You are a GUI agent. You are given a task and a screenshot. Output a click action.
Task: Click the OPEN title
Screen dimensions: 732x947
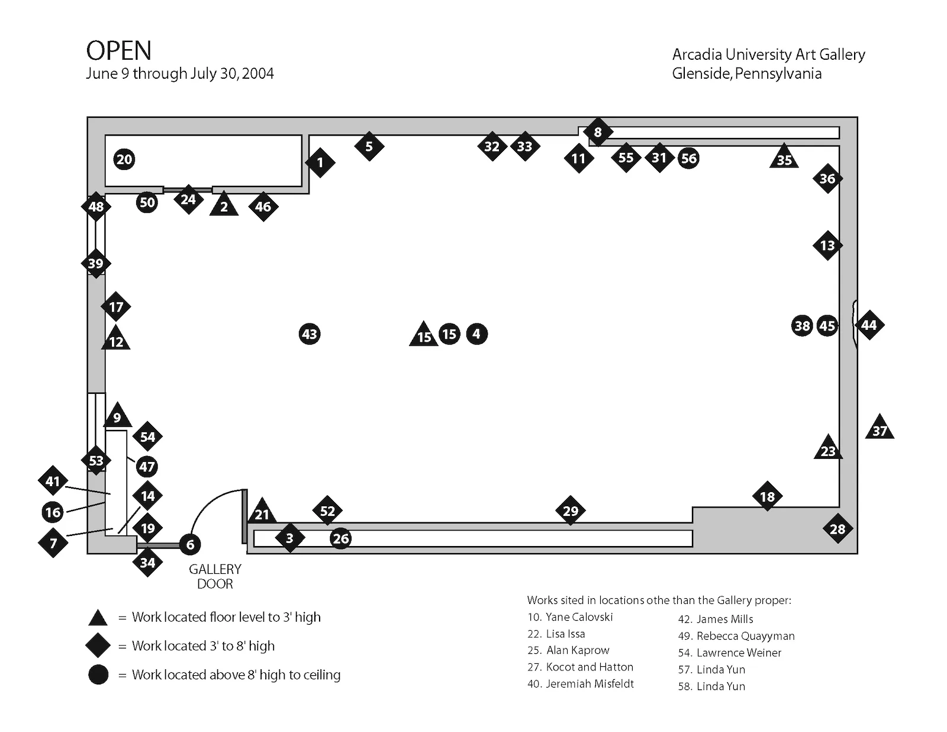pyautogui.click(x=118, y=51)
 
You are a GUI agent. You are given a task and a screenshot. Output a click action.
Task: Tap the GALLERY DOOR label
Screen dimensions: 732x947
pyautogui.click(x=215, y=576)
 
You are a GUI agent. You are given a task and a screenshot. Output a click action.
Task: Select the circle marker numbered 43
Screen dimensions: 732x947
pyautogui.click(x=310, y=334)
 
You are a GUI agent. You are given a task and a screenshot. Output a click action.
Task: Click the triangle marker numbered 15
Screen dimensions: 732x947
pyautogui.click(x=424, y=335)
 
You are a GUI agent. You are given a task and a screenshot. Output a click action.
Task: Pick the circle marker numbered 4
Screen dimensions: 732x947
pyautogui.click(x=476, y=334)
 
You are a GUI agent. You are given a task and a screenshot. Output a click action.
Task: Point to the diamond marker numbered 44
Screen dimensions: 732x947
pyautogui.click(x=868, y=325)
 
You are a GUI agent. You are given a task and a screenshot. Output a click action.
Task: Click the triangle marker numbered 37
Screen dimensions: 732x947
pyautogui.click(x=880, y=428)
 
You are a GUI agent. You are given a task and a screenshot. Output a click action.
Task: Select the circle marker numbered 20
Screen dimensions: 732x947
pyautogui.click(x=124, y=159)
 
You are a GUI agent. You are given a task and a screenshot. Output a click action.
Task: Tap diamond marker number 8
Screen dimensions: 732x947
pyautogui.click(x=597, y=132)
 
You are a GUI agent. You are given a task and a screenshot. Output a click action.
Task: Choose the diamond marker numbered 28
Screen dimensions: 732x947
pyautogui.click(x=838, y=529)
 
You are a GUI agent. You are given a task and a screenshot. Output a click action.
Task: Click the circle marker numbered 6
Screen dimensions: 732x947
pyautogui.click(x=190, y=545)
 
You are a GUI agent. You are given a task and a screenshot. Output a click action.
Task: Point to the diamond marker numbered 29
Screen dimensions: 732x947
pyautogui.click(x=570, y=511)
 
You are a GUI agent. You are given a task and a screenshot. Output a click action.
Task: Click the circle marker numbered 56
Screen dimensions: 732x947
pyautogui.click(x=688, y=158)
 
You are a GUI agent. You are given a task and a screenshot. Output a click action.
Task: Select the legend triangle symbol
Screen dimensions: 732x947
pyautogui.click(x=98, y=618)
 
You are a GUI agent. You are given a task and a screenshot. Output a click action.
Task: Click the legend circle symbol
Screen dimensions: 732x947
pyautogui.click(x=98, y=675)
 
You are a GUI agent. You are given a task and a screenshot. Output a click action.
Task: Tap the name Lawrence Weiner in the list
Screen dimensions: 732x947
pyautogui.click(x=739, y=653)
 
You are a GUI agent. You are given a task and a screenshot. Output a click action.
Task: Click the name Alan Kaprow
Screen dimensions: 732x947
pyautogui.click(x=577, y=650)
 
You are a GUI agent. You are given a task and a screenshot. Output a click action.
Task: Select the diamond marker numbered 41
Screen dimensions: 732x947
pyautogui.click(x=53, y=481)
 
